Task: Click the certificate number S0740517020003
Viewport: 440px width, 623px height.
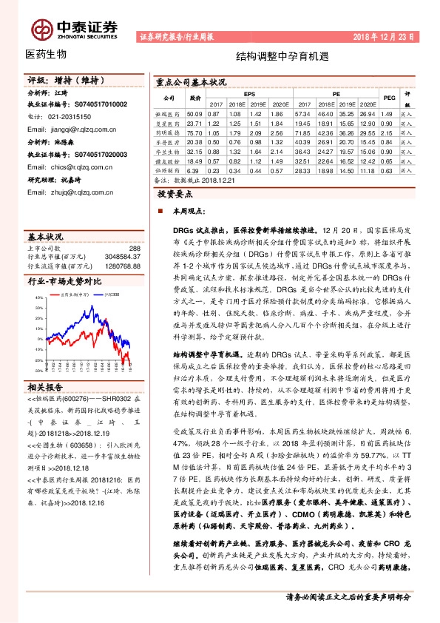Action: point(100,155)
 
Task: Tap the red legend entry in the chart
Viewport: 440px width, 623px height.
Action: point(73,294)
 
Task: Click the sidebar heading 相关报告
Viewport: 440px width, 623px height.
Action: point(46,387)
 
